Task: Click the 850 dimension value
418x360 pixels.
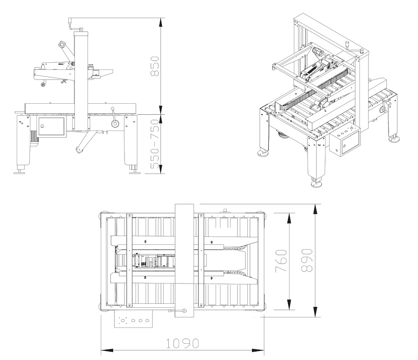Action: (155, 66)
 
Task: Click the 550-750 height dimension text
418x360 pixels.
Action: (155, 144)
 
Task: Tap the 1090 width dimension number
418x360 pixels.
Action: (182, 343)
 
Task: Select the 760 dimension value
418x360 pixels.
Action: (281, 261)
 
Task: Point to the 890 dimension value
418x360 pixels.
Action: (306, 260)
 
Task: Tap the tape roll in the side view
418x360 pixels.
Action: (62, 44)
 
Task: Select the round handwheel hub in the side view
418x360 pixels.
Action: (115, 123)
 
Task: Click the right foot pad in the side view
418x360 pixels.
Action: (135, 173)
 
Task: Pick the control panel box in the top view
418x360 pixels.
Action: (134, 319)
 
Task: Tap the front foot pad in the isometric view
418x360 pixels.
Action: (316, 184)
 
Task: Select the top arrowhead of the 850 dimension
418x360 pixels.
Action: (161, 22)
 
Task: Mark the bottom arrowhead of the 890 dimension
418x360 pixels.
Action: (315, 312)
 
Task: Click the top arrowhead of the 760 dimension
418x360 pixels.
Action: (289, 218)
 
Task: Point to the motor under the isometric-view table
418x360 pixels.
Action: (284, 134)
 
